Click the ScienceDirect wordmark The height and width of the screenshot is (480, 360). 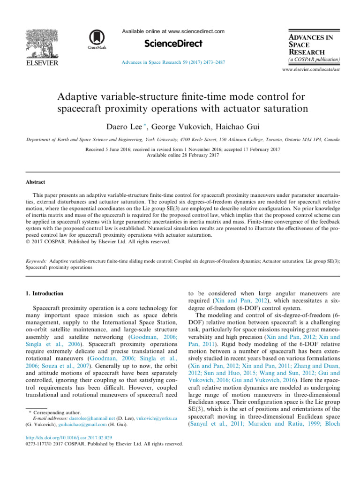click(x=173, y=44)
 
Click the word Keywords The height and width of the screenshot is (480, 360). click(x=36, y=259)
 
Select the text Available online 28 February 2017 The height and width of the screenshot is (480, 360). click(x=180, y=155)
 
